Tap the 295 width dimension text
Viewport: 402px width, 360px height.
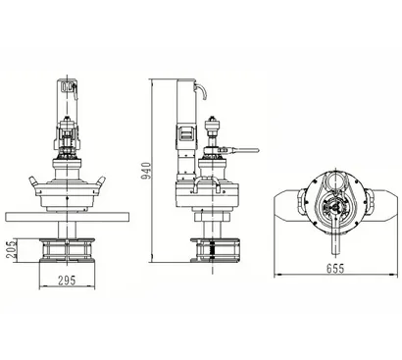66,282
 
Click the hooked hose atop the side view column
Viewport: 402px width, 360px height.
201,91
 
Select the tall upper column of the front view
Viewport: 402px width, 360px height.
68,97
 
